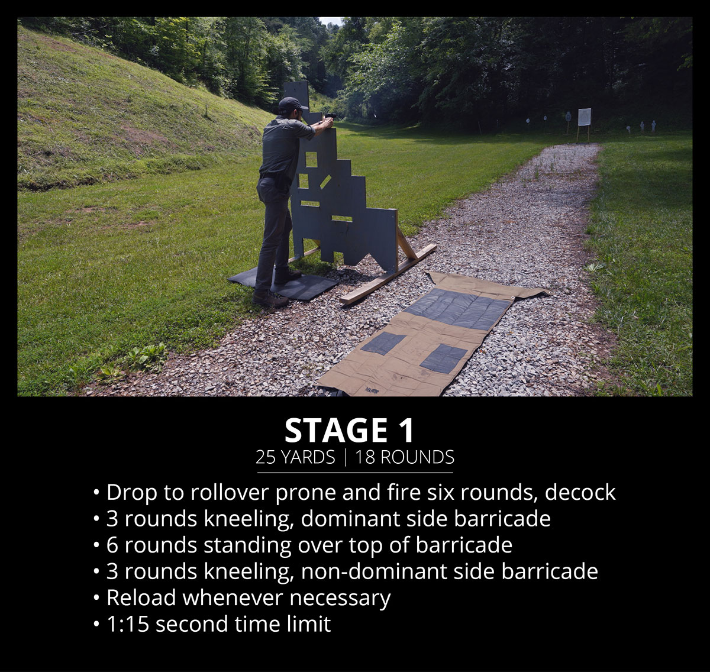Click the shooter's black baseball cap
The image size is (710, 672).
click(291, 104)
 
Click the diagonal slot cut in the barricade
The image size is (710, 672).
click(325, 180)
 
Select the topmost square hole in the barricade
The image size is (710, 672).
click(311, 159)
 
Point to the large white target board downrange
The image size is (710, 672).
click(585, 117)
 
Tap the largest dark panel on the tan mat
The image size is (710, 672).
click(457, 309)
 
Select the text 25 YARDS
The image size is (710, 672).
click(295, 457)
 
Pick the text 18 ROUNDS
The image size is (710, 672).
click(405, 457)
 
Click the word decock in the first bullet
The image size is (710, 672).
click(580, 492)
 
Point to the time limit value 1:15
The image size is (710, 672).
click(128, 624)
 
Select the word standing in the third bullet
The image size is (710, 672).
click(247, 546)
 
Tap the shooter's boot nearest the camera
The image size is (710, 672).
click(270, 299)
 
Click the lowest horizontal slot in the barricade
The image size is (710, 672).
click(341, 218)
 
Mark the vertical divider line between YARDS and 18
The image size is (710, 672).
click(346, 457)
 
